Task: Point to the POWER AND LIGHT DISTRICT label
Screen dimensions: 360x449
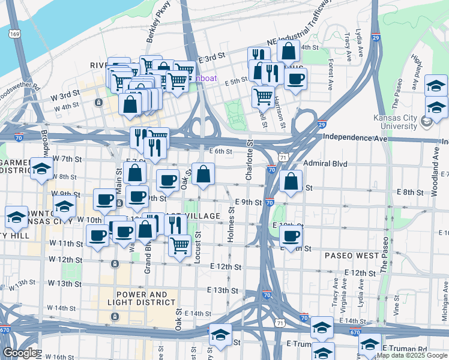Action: click(x=141, y=299)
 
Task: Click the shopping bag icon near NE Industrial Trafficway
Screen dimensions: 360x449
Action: click(x=288, y=52)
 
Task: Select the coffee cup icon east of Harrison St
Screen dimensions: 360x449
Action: click(x=295, y=79)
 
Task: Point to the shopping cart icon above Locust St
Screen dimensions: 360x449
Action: click(x=179, y=245)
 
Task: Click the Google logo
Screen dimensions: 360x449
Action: click(x=20, y=353)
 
